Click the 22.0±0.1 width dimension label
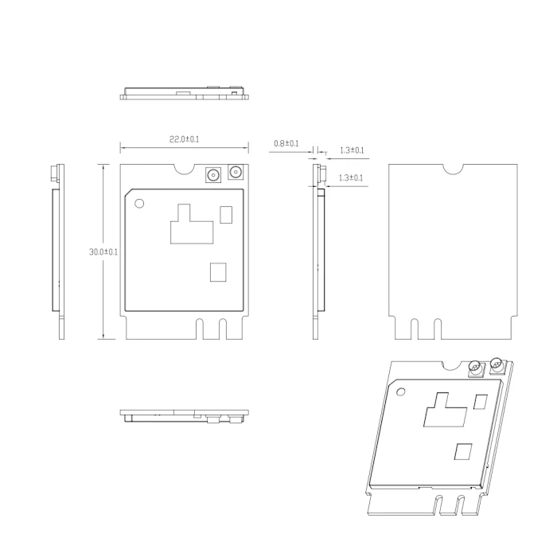184,139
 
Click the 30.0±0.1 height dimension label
103,251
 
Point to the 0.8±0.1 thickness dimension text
286,143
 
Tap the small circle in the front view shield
140,204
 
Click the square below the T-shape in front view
218,272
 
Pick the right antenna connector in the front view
235,173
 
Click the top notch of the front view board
184,169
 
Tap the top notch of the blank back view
453,169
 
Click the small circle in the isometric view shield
400,391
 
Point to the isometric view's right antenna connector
498,366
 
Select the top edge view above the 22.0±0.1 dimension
185,92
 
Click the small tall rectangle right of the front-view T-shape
227,214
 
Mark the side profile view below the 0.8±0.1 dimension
320,251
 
